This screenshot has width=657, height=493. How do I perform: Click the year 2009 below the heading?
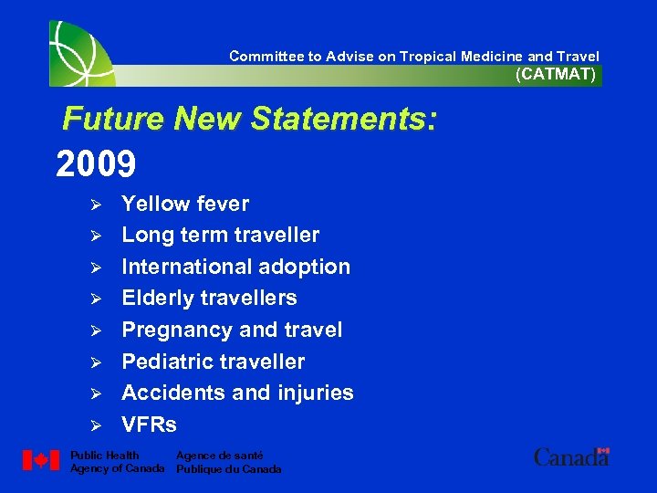[x=96, y=165]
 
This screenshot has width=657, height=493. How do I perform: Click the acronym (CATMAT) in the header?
[x=556, y=75]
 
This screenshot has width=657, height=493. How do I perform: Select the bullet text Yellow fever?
[x=185, y=204]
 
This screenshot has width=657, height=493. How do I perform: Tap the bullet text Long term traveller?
[x=221, y=236]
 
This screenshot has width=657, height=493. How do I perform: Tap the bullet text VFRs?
[x=149, y=425]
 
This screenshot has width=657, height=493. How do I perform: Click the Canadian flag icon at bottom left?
[x=40, y=461]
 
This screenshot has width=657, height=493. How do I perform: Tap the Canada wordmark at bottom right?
[x=571, y=457]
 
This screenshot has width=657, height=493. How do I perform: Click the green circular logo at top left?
[x=82, y=53]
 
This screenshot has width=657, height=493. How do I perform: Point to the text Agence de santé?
[x=219, y=456]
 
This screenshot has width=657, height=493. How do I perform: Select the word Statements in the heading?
[x=338, y=119]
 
